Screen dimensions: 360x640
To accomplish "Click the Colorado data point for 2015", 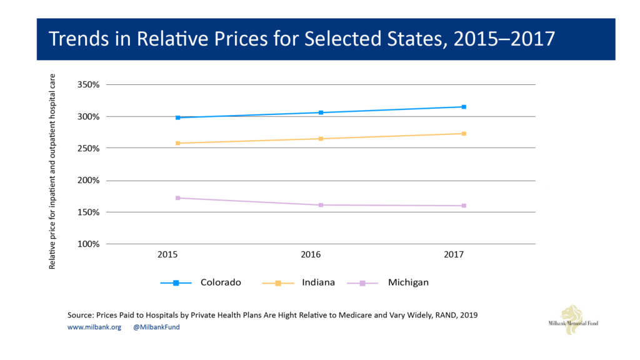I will [x=178, y=117].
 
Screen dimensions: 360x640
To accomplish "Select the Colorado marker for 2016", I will [x=321, y=112].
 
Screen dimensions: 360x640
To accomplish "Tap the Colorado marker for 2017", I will [x=464, y=107].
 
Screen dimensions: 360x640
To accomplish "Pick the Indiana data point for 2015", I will [x=178, y=143].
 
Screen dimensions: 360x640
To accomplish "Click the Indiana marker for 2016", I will [x=321, y=139].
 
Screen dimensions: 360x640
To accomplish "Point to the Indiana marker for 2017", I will [x=464, y=134].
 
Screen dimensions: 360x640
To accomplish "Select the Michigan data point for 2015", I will [x=178, y=198].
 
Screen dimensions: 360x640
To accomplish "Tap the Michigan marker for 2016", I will [x=321, y=205].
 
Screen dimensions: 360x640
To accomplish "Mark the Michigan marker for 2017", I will [x=464, y=206].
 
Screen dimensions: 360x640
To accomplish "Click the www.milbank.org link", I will [x=94, y=327].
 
